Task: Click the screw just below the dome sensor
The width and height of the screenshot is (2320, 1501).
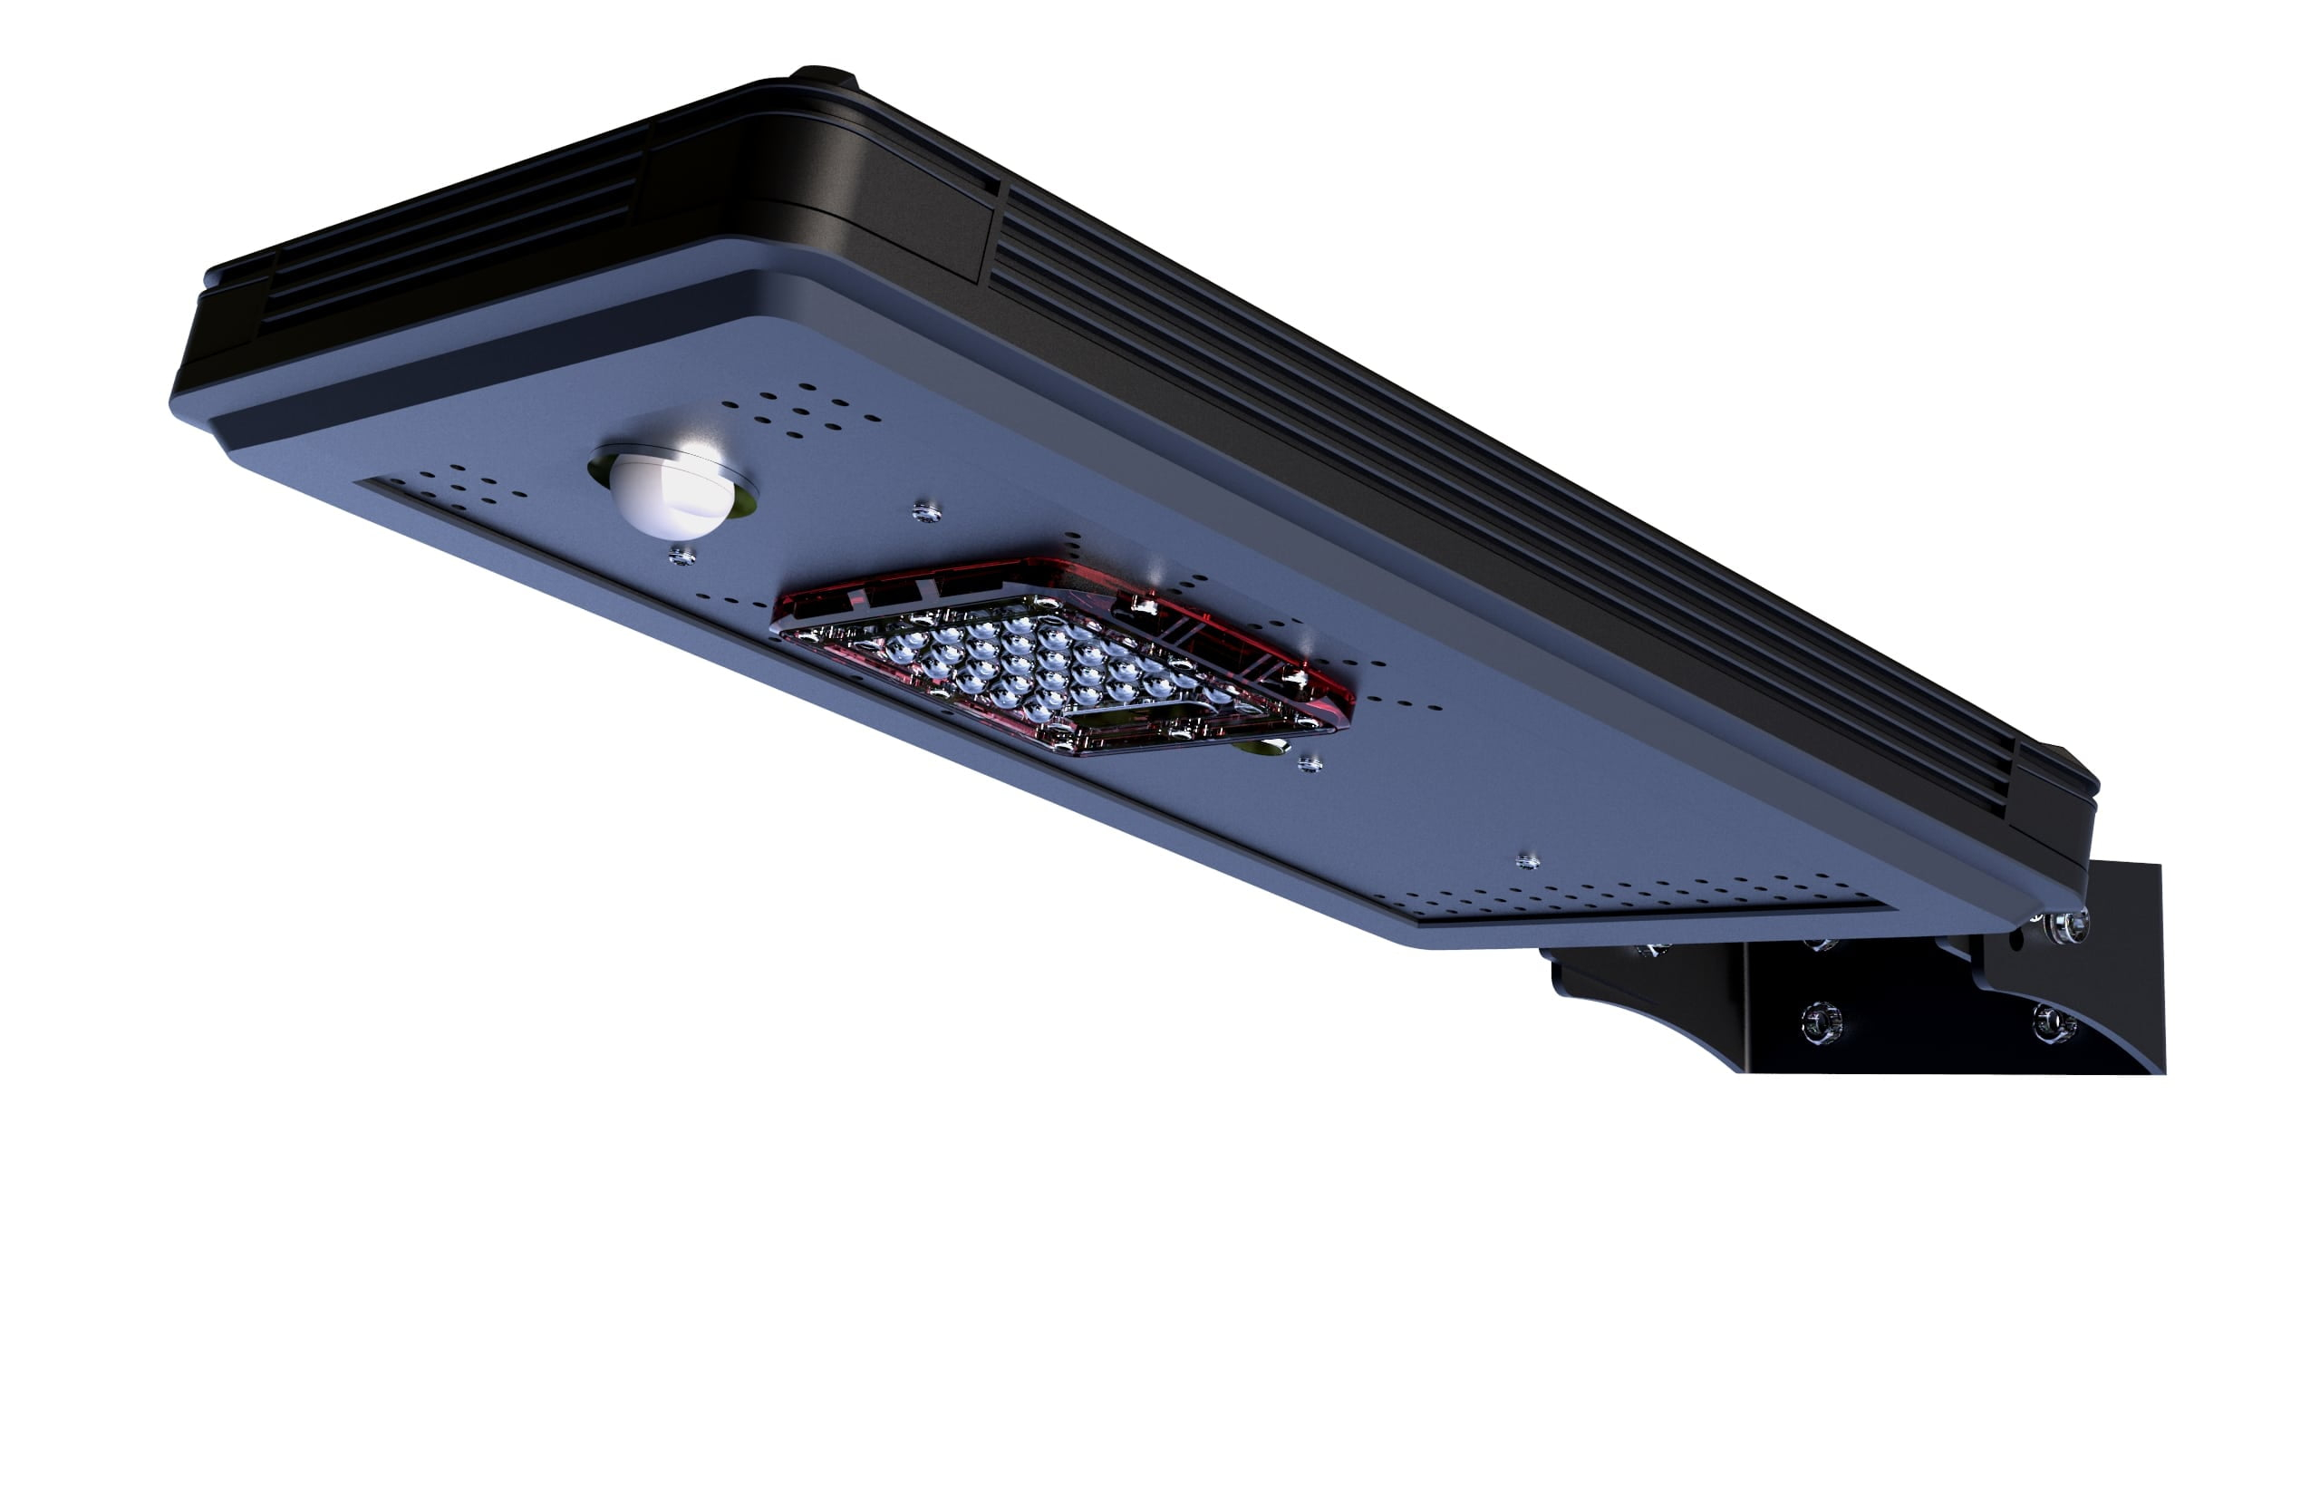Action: click(682, 557)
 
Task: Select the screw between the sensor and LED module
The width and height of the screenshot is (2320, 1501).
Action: click(925, 512)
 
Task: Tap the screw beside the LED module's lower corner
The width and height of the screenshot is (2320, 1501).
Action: click(1310, 764)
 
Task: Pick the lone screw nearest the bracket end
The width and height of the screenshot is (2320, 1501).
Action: click(1527, 862)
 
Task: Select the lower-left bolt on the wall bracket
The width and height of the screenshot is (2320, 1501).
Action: click(1820, 1022)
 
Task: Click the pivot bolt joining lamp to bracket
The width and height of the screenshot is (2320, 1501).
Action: click(2066, 926)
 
